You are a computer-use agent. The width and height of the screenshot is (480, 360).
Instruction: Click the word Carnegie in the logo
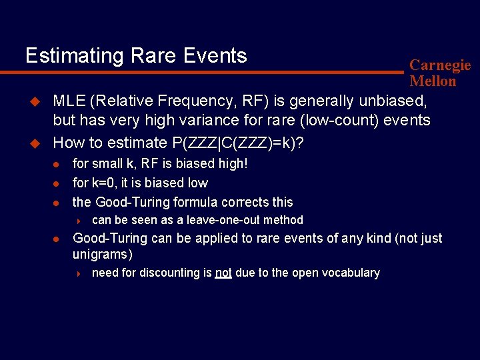440,65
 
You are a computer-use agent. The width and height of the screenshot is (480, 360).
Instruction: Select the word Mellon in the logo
433,81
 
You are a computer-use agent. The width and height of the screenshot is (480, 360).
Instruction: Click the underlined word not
223,273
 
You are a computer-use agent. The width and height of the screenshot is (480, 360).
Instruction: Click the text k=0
106,183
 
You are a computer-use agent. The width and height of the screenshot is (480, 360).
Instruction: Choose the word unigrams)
103,254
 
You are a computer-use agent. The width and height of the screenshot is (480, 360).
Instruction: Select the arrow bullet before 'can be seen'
78,221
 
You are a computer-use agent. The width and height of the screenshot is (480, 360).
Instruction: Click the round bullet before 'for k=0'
57,183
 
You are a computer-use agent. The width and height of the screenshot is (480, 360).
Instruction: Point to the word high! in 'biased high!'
230,163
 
